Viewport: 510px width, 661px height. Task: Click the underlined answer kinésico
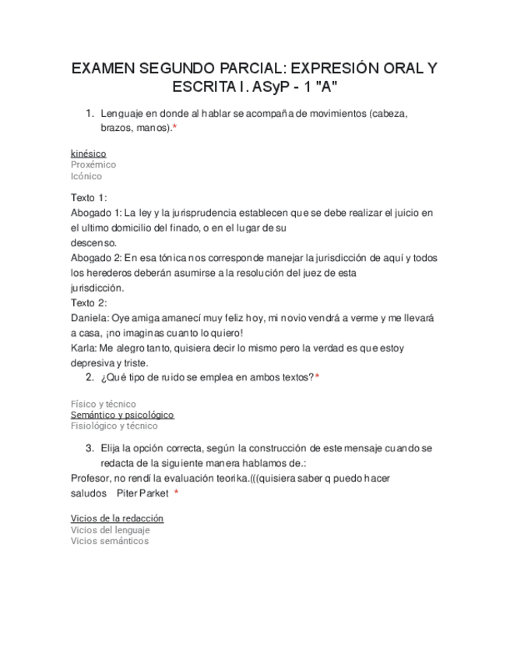(88, 154)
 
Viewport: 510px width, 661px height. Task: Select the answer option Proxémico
(93, 164)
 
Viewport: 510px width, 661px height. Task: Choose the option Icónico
(86, 176)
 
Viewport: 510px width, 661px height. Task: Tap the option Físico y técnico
(103, 404)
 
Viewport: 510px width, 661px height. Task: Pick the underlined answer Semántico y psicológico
(122, 415)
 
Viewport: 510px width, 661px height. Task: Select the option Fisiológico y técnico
(114, 426)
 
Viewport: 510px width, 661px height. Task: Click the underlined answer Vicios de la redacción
(117, 518)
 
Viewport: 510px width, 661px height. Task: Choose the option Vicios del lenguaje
(111, 530)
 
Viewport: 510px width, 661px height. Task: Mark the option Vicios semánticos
(110, 541)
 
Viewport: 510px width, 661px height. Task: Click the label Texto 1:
(89, 197)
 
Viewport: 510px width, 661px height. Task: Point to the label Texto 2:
(89, 302)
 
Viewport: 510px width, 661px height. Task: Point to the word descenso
(93, 242)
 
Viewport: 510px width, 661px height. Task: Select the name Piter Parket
(142, 493)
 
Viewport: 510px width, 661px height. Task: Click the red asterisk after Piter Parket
(177, 493)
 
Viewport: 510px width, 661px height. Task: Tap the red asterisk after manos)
(174, 127)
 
